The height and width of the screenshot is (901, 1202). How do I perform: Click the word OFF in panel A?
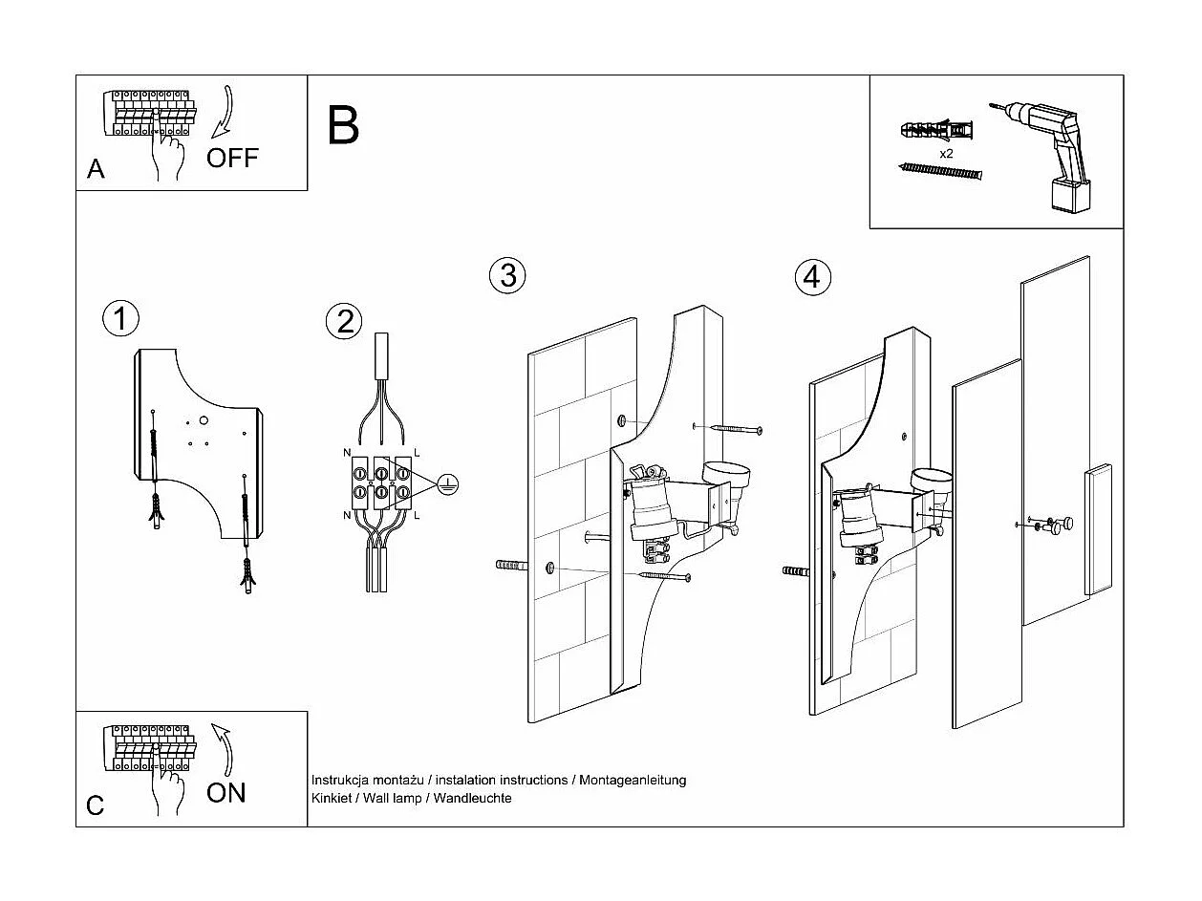point(232,158)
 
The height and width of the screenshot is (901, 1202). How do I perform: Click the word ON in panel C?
point(225,792)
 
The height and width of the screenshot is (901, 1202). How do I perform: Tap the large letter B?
point(343,125)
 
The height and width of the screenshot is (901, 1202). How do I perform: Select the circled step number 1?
point(120,318)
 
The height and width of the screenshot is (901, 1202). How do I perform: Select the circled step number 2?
point(344,321)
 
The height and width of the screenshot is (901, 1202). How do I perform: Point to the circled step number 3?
point(508,275)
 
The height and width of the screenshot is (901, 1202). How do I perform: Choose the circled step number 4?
point(812,277)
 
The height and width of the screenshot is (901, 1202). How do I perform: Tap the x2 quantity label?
point(946,153)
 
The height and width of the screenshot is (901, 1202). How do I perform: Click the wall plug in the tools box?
point(937,129)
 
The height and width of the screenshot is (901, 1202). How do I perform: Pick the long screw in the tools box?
point(941,171)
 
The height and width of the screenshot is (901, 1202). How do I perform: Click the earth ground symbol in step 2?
point(446,485)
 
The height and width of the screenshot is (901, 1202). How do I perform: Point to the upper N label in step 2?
point(345,450)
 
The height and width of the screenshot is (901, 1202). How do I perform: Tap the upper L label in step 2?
point(418,450)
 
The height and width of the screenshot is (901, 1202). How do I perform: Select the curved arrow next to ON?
point(223,749)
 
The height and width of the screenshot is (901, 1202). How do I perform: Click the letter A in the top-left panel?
point(96,169)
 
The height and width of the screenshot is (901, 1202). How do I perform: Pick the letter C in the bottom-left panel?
point(96,805)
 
